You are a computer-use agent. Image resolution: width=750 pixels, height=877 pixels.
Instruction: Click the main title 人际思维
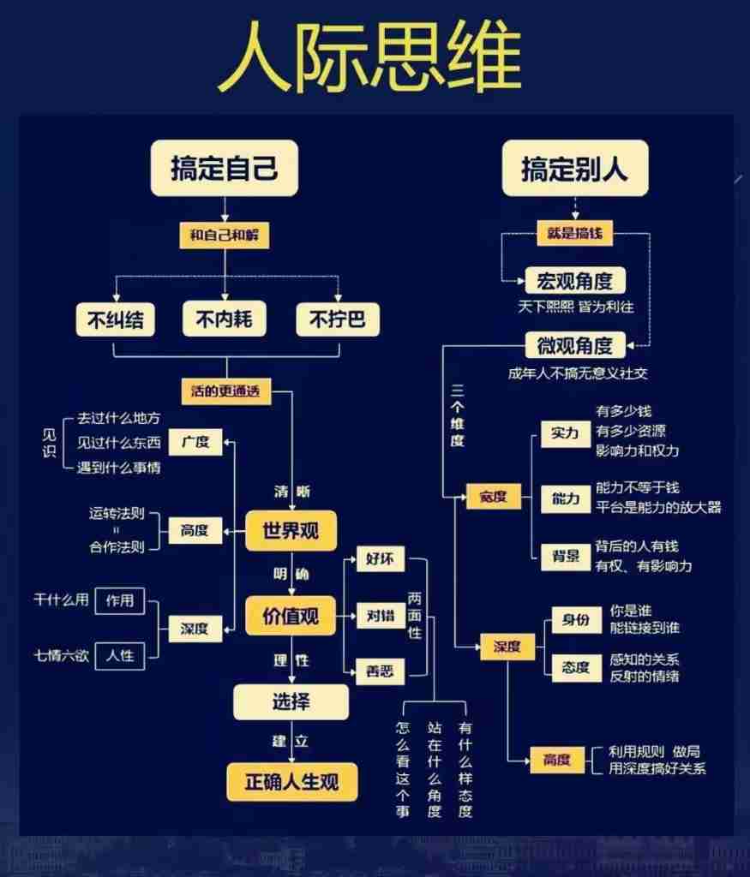coord(369,57)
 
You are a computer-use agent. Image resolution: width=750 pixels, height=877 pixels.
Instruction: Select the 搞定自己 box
coord(225,168)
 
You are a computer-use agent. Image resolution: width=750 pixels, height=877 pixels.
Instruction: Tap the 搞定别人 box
coord(574,169)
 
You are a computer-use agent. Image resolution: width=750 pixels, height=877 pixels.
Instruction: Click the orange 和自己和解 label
coord(224,234)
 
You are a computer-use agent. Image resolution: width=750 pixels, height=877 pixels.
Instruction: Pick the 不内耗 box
coord(225,319)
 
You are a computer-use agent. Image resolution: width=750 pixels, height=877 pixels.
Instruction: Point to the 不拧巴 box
coord(337,319)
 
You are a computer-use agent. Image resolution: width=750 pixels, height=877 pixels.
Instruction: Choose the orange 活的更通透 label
coord(225,391)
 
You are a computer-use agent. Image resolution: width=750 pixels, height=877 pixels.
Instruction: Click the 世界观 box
coord(290,530)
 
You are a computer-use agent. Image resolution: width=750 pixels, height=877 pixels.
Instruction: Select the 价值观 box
coord(290,615)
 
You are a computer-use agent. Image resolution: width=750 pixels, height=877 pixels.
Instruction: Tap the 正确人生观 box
coord(291,781)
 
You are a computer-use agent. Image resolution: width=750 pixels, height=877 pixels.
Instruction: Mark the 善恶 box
coord(380,671)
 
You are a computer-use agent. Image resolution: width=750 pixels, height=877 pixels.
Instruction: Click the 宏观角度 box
coord(575,280)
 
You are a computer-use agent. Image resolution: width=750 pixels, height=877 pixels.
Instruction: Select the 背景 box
coord(566,556)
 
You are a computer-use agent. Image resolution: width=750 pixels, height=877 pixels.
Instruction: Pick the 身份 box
coord(576,620)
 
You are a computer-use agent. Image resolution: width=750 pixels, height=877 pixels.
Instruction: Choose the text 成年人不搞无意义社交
coord(579,373)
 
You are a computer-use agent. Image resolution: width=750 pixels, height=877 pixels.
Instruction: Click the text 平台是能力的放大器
coord(658,507)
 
